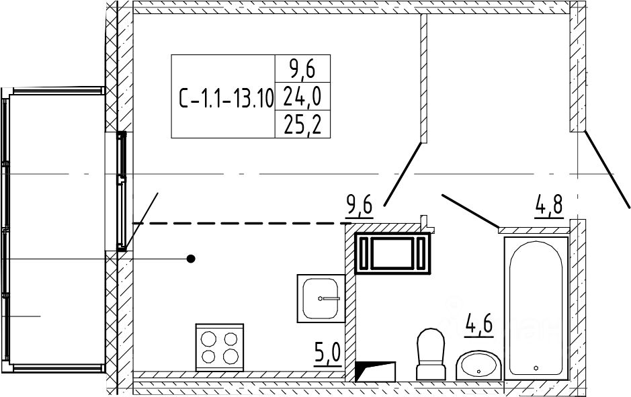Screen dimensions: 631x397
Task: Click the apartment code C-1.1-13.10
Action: click(x=226, y=98)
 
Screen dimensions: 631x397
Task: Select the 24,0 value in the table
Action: click(x=302, y=97)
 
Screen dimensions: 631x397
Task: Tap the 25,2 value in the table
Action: click(x=302, y=125)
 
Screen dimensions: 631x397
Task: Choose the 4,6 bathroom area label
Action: click(x=479, y=325)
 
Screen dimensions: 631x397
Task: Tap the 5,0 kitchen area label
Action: click(x=327, y=355)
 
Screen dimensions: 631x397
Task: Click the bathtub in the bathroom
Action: click(x=536, y=308)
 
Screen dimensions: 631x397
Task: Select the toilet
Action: click(x=431, y=354)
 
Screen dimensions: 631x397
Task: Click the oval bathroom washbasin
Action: click(x=479, y=365)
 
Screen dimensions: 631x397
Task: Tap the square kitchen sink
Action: click(x=321, y=298)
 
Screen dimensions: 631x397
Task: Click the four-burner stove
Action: click(x=220, y=347)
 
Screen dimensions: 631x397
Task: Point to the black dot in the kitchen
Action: click(x=191, y=259)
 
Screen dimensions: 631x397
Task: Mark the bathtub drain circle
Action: click(x=536, y=367)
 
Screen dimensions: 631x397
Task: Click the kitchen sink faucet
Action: click(x=329, y=298)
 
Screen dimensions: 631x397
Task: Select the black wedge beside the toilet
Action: click(x=376, y=371)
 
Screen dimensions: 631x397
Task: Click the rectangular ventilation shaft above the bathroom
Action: click(x=392, y=253)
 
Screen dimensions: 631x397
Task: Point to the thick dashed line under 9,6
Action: click(x=241, y=223)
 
